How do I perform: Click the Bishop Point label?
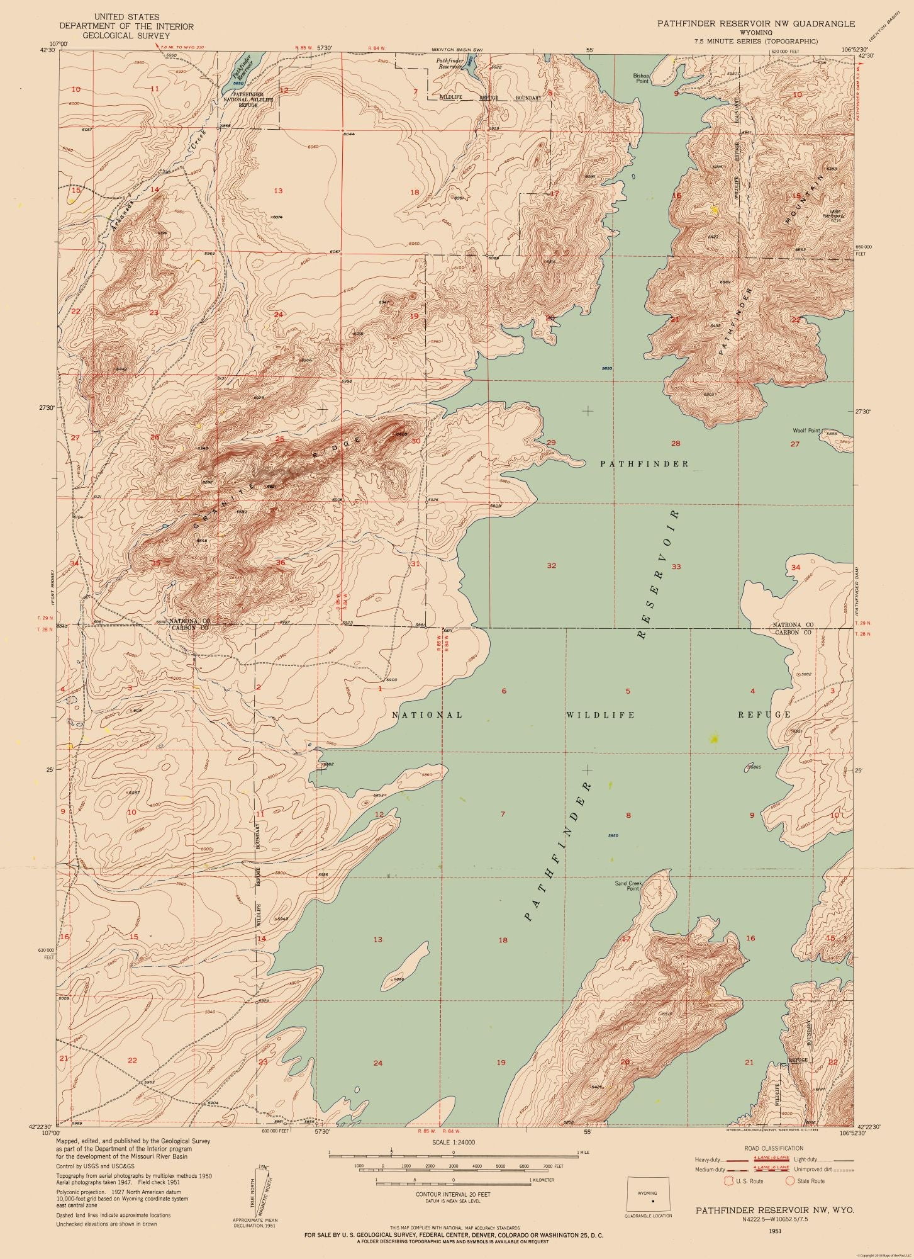pyautogui.click(x=641, y=78)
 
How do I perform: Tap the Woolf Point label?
pyautogui.click(x=806, y=431)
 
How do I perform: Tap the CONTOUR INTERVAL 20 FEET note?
pyautogui.click(x=453, y=1194)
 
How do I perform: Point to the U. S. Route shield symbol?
pyautogui.click(x=730, y=1181)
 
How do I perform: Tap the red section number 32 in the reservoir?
pyautogui.click(x=551, y=565)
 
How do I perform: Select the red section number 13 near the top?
pyautogui.click(x=277, y=190)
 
